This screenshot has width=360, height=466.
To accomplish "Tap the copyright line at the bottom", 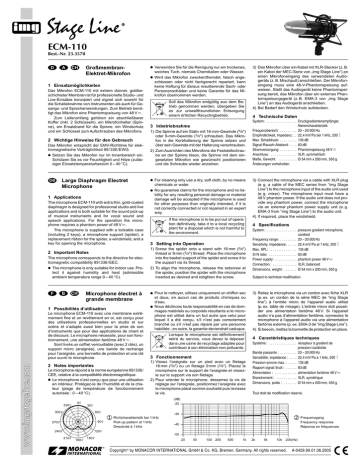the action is pos(200,458).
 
